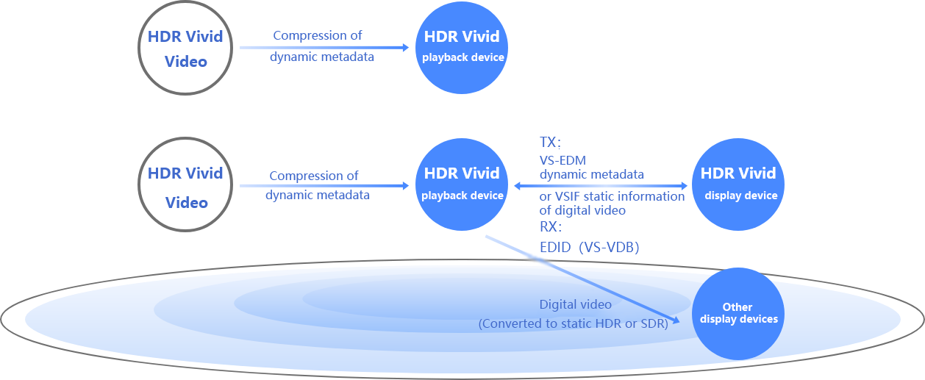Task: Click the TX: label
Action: point(550,143)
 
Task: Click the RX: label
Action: point(551,227)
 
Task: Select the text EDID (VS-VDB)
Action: point(589,248)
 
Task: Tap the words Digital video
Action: point(575,304)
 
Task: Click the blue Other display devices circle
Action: point(738,313)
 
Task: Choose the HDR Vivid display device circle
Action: point(738,184)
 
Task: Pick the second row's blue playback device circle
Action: point(462,184)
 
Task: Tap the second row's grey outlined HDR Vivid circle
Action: point(185,184)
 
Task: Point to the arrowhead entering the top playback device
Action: point(405,48)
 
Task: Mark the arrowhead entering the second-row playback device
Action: point(405,186)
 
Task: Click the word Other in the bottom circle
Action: point(737,307)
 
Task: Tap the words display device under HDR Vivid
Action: point(740,196)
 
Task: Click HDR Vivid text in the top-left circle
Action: point(185,37)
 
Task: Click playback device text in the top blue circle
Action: point(463,57)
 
